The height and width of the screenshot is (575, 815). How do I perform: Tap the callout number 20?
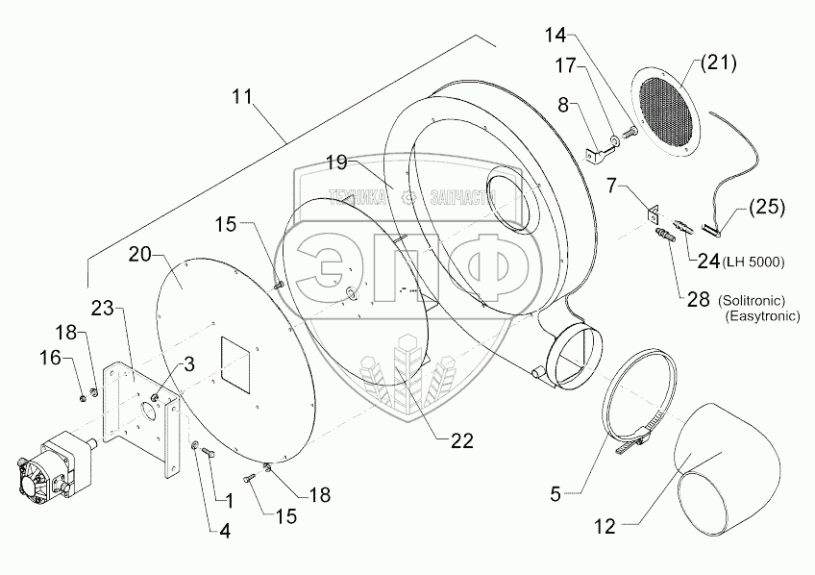tap(139, 255)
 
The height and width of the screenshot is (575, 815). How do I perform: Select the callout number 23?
tap(105, 308)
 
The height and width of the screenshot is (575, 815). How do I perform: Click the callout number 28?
tap(697, 300)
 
